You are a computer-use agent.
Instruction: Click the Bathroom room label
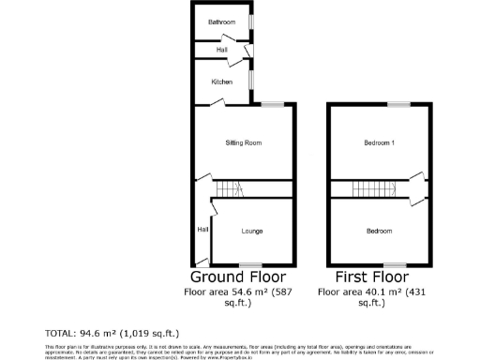pos(222,21)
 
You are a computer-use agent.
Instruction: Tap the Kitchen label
pos(222,82)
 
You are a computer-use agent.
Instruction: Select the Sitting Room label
pos(243,142)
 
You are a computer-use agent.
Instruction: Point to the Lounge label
pos(251,231)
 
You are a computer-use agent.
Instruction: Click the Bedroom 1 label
pos(380,142)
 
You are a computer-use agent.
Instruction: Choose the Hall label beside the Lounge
pos(202,229)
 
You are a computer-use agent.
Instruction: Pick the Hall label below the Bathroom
pos(222,50)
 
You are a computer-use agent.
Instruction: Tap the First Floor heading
pos(372,277)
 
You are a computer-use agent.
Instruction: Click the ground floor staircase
pos(228,189)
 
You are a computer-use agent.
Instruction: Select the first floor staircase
pos(372,189)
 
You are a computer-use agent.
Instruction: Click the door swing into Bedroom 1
pos(417,174)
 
